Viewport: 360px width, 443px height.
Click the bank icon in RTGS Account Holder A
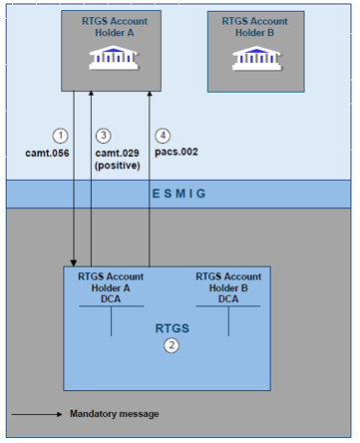(111, 58)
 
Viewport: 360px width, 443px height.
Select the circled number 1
(59, 135)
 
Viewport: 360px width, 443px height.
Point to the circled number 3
(105, 135)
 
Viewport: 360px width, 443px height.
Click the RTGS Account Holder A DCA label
(111, 287)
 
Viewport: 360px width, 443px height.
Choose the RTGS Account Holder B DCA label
(228, 287)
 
